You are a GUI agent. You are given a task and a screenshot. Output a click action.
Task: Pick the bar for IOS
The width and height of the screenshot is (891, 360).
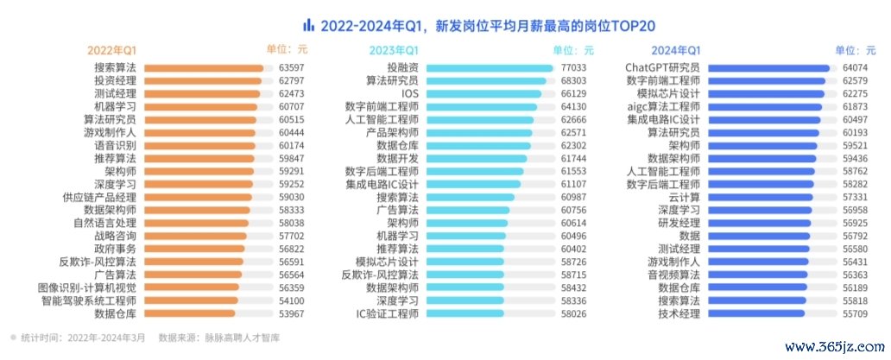483,93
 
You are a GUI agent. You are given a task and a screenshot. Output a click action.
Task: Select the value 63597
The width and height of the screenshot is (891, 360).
292,67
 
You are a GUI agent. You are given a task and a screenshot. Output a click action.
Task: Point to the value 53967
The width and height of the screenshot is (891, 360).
292,313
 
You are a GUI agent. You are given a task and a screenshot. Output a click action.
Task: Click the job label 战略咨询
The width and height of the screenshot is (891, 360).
115,236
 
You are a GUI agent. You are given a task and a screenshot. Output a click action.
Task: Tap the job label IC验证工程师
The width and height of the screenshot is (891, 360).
388,313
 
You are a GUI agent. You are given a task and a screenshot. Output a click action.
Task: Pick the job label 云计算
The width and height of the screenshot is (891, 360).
684,197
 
